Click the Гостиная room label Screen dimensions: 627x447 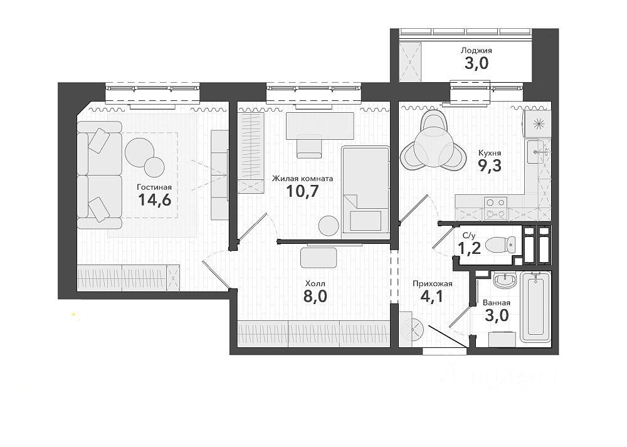[x=154, y=187]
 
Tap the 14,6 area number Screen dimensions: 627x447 [x=154, y=199]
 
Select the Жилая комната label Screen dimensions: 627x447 [x=302, y=178]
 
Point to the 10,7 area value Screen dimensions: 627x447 [x=302, y=191]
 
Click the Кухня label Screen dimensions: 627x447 [x=490, y=153]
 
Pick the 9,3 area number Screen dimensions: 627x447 [x=490, y=165]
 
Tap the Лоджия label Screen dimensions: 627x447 [x=477, y=50]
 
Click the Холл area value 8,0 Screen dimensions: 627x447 [x=315, y=297]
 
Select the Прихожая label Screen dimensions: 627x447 [x=433, y=283]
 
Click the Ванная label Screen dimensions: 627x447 [x=496, y=303]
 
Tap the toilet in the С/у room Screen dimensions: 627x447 [x=500, y=245]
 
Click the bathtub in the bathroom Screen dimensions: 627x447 [x=536, y=307]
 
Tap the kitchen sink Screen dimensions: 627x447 [x=536, y=152]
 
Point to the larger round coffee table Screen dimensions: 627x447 [x=140, y=152]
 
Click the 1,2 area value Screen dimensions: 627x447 [x=470, y=249]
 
